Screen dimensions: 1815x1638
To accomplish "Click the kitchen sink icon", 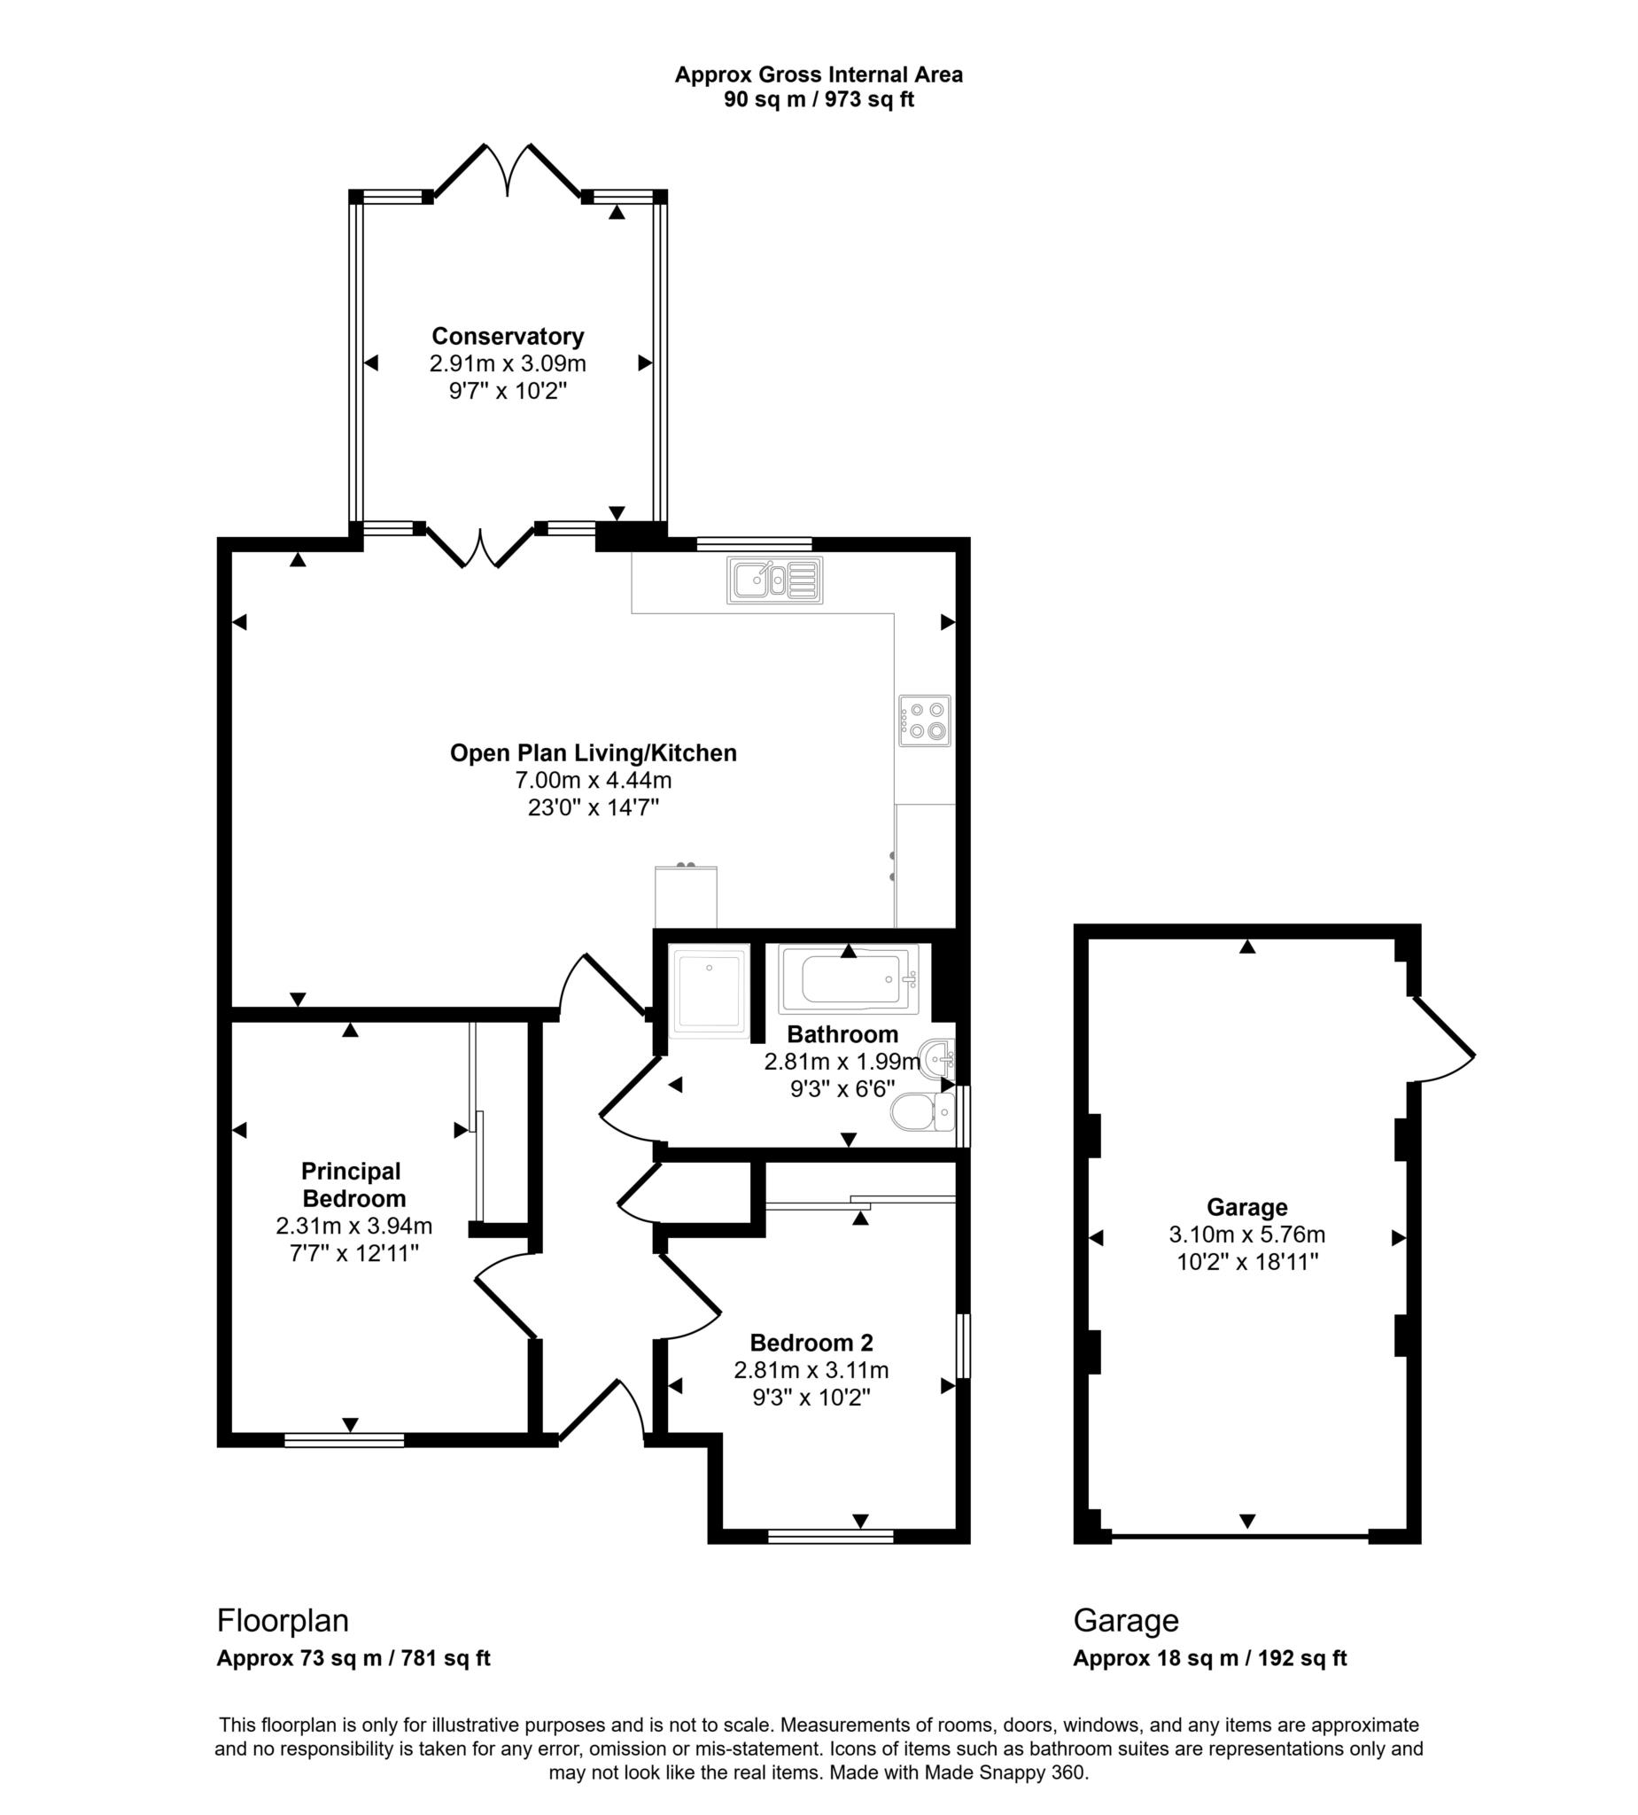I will (775, 580).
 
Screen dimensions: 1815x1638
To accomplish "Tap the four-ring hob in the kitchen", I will (924, 721).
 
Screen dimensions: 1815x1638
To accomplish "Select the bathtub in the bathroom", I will (850, 979).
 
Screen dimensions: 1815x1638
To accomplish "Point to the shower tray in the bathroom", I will (710, 990).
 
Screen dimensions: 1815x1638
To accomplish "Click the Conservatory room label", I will (508, 336).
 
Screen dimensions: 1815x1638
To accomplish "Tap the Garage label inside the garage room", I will (1246, 1206).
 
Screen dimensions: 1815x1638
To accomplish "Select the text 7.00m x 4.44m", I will (594, 780).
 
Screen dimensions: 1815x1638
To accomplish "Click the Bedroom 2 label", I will (811, 1343).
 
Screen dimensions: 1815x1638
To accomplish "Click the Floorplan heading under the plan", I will (283, 1621).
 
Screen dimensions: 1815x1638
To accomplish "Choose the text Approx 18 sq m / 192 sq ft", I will (1208, 1658).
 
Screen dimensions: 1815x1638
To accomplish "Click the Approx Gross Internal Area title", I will (818, 74).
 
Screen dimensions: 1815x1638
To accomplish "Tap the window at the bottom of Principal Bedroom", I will (344, 1440).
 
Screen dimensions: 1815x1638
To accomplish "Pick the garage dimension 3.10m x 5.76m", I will (1246, 1235).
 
